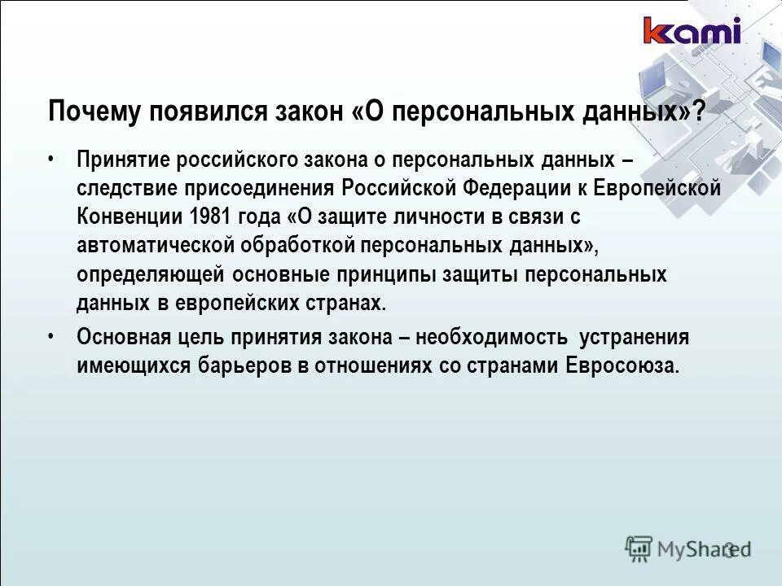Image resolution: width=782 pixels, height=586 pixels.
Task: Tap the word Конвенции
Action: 130,217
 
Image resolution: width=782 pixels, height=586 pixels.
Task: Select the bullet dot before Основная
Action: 52,335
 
